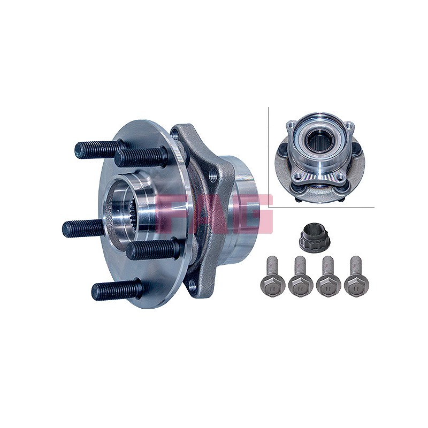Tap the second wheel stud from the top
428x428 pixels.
click(140, 157)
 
